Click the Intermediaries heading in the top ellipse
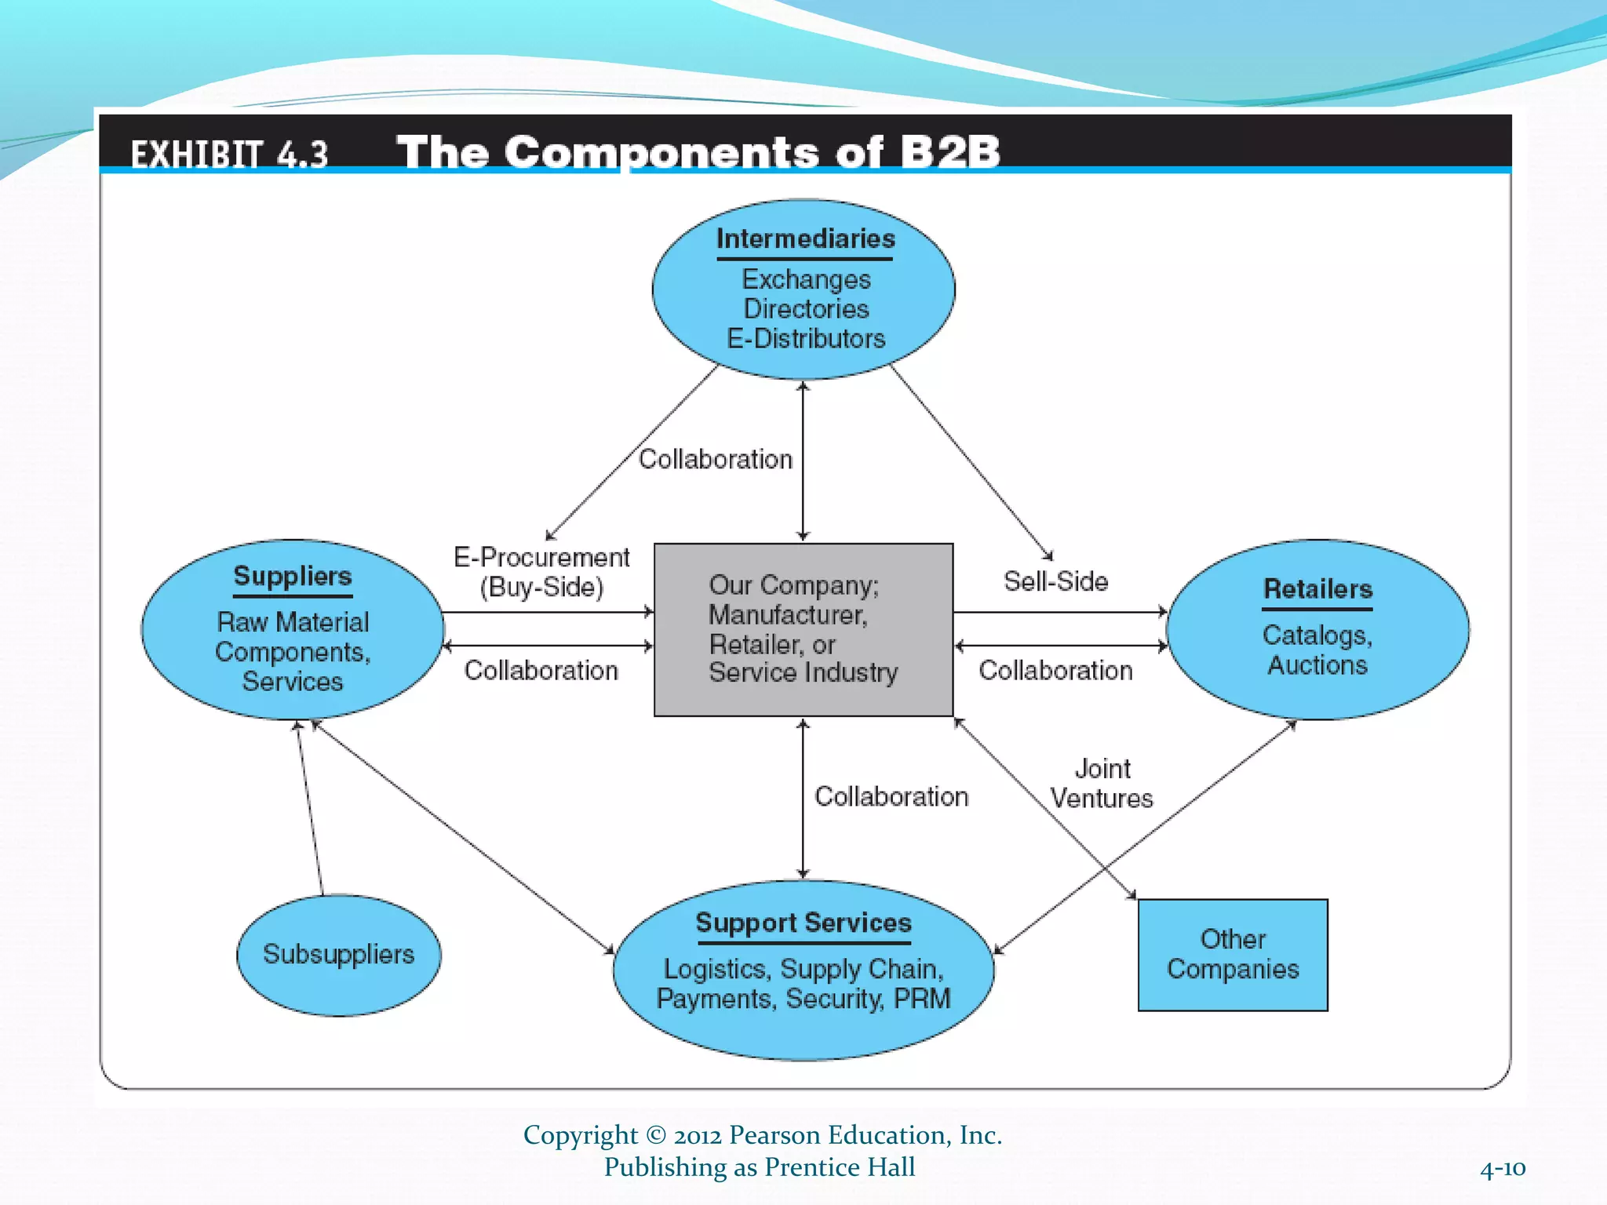[805, 238]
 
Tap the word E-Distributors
[806, 339]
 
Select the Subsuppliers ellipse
[338, 955]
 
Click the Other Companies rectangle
[1232, 955]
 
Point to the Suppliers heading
[293, 576]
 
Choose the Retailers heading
[1317, 589]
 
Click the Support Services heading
[803, 923]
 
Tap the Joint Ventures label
[1102, 783]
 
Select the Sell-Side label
[1055, 581]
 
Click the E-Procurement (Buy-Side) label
[541, 572]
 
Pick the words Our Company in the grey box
[793, 585]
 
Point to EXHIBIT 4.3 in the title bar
[229, 154]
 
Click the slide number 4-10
[1502, 1169]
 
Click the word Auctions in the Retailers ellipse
[1317, 665]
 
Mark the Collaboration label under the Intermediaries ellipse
[715, 459]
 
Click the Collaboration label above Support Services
[891, 796]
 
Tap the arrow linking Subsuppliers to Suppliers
[309, 808]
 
